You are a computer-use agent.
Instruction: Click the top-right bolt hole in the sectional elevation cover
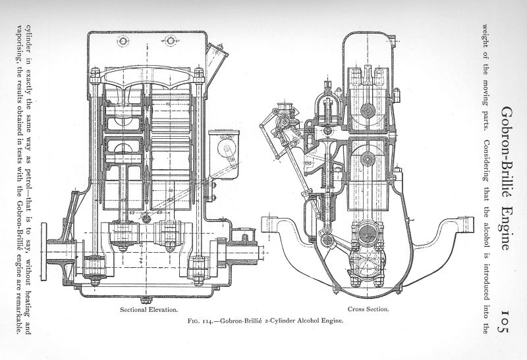click(x=173, y=41)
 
